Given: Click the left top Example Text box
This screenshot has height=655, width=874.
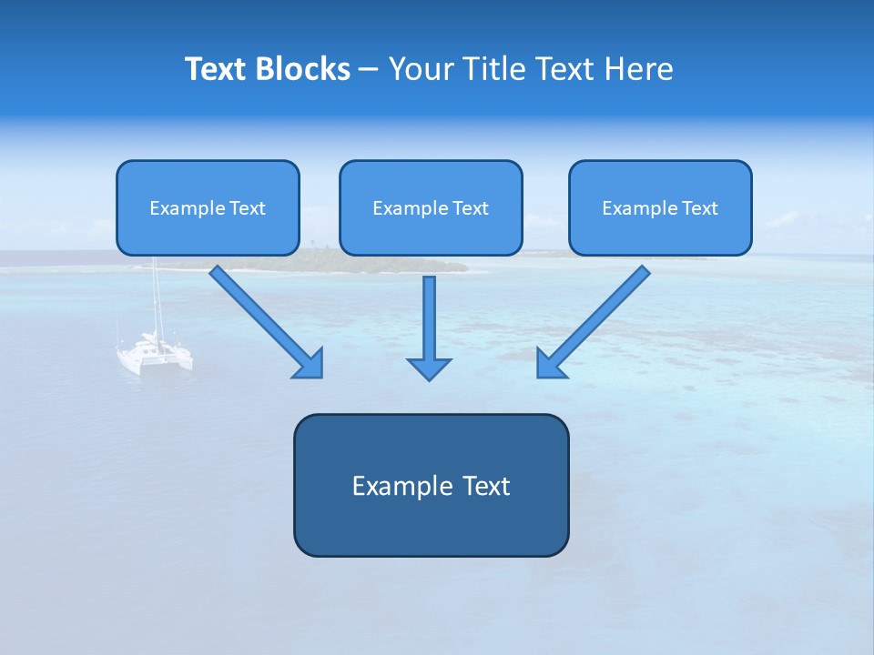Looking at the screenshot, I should pos(208,207).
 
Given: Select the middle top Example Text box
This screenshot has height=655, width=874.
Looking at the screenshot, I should pos(431,207).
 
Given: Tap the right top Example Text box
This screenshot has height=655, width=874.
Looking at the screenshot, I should pos(660,207).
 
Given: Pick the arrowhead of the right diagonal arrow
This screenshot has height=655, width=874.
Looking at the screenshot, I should pos(550,364).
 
